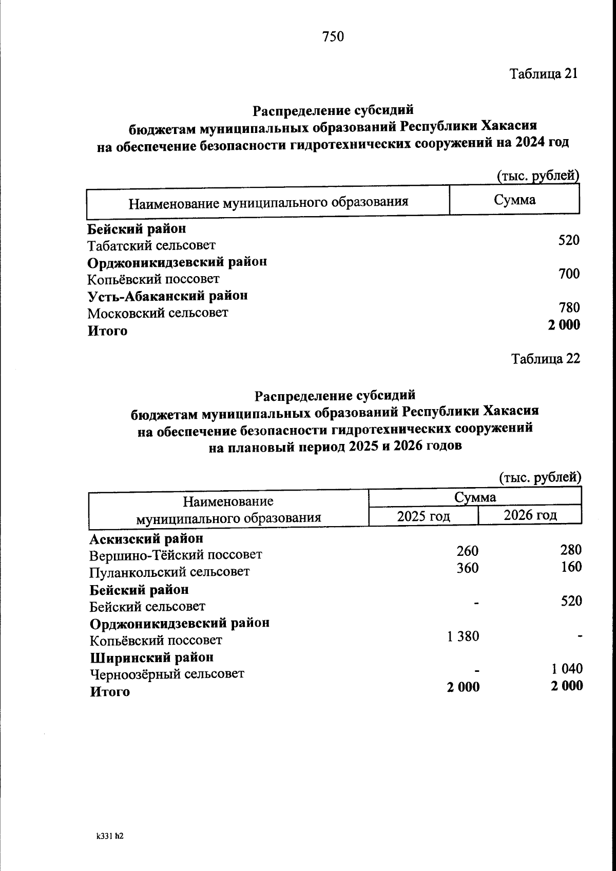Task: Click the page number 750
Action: [x=333, y=36]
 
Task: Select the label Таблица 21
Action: [x=544, y=73]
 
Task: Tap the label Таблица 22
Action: [x=545, y=359]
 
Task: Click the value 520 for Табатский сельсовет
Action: [x=569, y=240]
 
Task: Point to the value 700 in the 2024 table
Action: [x=569, y=274]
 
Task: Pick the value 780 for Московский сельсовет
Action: [x=569, y=307]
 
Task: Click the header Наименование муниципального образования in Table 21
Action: [x=268, y=202]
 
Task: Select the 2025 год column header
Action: [x=423, y=516]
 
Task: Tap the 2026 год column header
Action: [x=530, y=515]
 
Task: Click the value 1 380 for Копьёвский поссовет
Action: [x=463, y=636]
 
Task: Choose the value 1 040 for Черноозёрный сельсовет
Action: [x=567, y=668]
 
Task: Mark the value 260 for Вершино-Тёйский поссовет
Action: [x=467, y=551]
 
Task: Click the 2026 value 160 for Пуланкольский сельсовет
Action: [x=571, y=567]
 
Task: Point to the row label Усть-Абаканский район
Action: [x=167, y=296]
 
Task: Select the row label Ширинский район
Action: [x=152, y=657]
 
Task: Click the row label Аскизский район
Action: [x=146, y=538]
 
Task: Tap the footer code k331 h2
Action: [x=110, y=836]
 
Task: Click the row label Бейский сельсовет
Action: [x=147, y=607]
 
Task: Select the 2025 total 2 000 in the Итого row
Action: [x=463, y=687]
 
